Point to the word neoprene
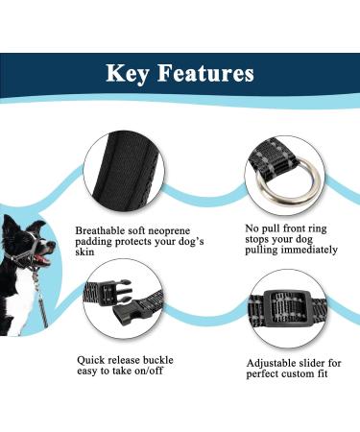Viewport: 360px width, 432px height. [169, 231]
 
